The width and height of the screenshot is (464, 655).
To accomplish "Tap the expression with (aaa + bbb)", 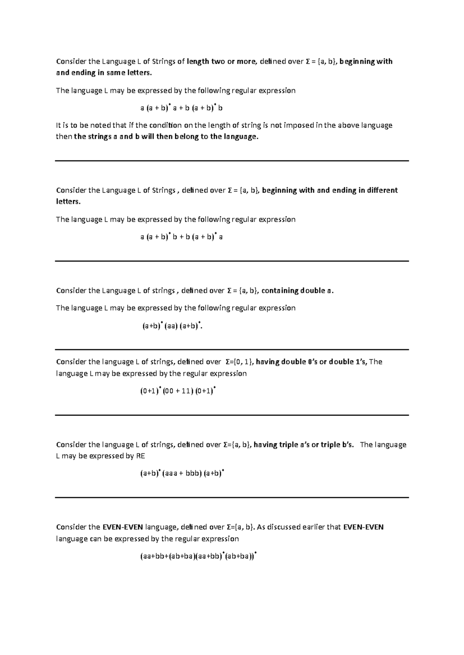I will point(182,473).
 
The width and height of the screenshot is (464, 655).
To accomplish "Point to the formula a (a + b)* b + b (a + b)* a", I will point(181,237).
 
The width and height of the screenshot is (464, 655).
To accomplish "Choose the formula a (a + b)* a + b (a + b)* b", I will point(181,108).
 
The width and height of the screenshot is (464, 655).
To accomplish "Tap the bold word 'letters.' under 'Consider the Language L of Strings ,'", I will point(68,202).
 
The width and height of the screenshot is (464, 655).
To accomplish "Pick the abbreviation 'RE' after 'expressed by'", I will point(140,456).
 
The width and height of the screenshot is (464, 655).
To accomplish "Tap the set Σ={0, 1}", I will point(239,362).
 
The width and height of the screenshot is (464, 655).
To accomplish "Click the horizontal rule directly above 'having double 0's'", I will point(232,350).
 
